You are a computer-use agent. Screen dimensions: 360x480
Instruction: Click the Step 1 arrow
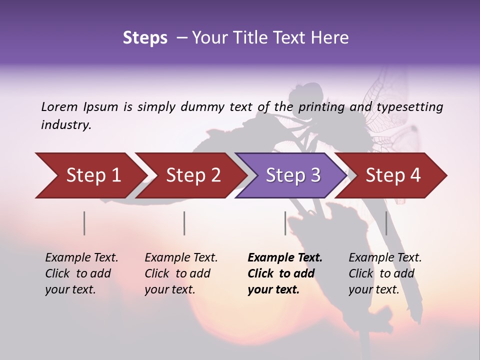click(x=90, y=175)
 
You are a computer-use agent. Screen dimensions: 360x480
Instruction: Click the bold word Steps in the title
click(x=145, y=38)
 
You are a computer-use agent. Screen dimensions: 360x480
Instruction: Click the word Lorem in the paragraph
click(x=59, y=106)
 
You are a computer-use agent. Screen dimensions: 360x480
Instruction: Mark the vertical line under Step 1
click(x=84, y=223)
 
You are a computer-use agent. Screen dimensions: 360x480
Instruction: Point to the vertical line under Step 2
click(x=184, y=223)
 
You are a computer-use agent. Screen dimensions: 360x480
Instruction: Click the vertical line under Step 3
click(x=285, y=223)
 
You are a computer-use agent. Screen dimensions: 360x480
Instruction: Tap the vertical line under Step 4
click(x=386, y=223)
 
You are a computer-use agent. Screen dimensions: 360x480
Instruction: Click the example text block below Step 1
click(x=81, y=273)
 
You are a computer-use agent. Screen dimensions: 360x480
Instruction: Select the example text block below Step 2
click(x=180, y=273)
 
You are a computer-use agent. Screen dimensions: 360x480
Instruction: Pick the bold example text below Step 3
click(x=284, y=273)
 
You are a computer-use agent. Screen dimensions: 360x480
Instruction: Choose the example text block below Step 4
click(x=384, y=273)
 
